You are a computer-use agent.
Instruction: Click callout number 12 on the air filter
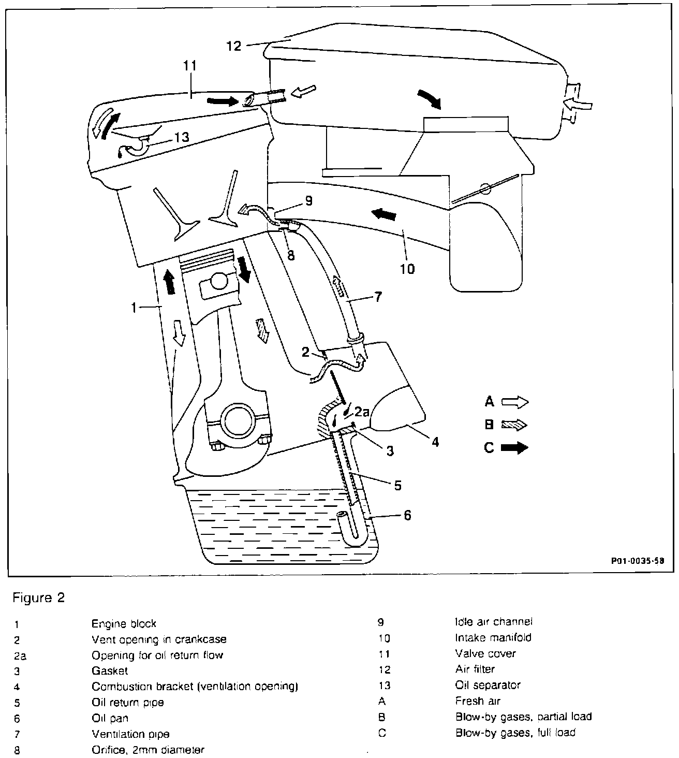click(234, 46)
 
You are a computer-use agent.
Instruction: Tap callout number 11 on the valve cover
click(190, 66)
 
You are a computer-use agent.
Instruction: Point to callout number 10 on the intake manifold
click(407, 268)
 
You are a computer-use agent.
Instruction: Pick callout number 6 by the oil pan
click(407, 515)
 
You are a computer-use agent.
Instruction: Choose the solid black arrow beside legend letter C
click(515, 448)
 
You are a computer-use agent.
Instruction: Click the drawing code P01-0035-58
click(637, 560)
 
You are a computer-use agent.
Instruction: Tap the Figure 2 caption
click(39, 598)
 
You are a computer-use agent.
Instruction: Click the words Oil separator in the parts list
click(488, 685)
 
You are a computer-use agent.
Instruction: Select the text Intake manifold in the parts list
click(493, 637)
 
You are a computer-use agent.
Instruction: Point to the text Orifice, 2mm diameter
click(147, 749)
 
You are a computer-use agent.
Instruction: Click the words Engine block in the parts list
click(124, 623)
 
